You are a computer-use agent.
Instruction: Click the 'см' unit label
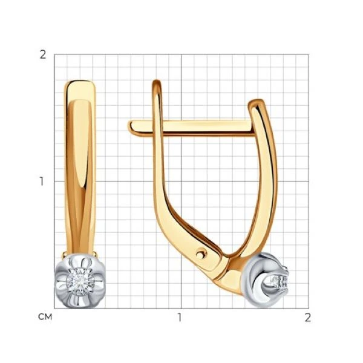point(45,317)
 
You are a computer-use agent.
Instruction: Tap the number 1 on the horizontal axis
point(180,318)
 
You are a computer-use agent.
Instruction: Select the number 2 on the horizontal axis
point(307,318)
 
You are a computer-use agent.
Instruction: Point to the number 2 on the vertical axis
point(43,55)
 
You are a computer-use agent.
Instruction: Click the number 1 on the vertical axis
point(42,181)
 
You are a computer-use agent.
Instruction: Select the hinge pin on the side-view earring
point(201,254)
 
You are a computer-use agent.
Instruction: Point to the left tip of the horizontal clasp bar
point(129,126)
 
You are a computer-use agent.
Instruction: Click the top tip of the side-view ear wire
point(157,81)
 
